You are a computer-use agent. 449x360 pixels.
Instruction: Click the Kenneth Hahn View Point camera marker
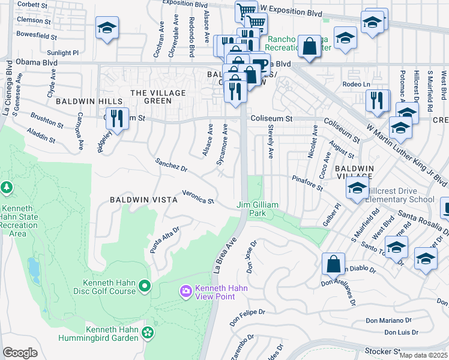(185, 292)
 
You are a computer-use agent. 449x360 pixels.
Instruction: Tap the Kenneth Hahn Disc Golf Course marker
(144, 287)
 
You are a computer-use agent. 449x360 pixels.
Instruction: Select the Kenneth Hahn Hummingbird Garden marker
(148, 332)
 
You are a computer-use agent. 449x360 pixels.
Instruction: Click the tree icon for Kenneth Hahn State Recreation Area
(7, 188)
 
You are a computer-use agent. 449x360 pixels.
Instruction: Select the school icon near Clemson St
(107, 28)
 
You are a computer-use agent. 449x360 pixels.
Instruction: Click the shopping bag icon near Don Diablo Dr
(333, 263)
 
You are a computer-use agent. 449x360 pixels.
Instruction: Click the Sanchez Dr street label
(171, 164)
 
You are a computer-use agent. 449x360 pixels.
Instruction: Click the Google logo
(20, 352)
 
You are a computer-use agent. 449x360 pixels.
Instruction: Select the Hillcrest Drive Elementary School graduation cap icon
(357, 188)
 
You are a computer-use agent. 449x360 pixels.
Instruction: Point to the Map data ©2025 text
(423, 355)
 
